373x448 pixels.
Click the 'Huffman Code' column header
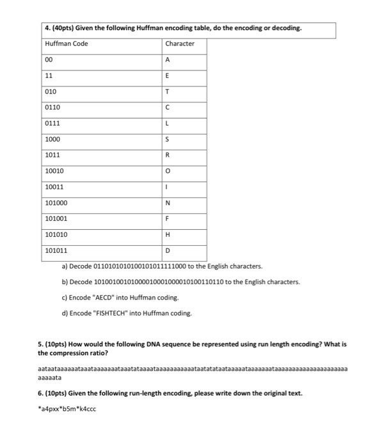click(x=67, y=44)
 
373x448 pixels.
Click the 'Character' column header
click(x=180, y=44)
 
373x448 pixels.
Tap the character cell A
click(x=167, y=60)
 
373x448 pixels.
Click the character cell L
click(x=167, y=123)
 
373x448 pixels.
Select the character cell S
click(x=167, y=139)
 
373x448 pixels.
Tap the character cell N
click(x=167, y=203)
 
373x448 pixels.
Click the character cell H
click(x=167, y=235)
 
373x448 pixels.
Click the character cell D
click(x=167, y=250)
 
